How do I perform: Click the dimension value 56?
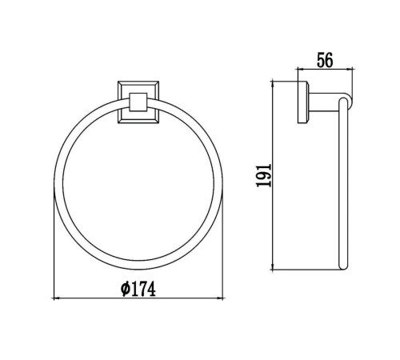(x=325, y=60)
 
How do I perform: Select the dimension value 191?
(x=264, y=175)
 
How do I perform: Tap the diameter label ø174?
(x=138, y=289)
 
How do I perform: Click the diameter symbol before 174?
(x=125, y=289)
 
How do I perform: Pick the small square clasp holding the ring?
(x=138, y=102)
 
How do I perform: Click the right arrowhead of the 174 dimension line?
(x=221, y=298)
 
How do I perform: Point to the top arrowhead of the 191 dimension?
(x=272, y=83)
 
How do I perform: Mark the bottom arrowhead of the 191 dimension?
(x=272, y=267)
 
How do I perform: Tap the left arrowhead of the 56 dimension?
(x=300, y=70)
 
